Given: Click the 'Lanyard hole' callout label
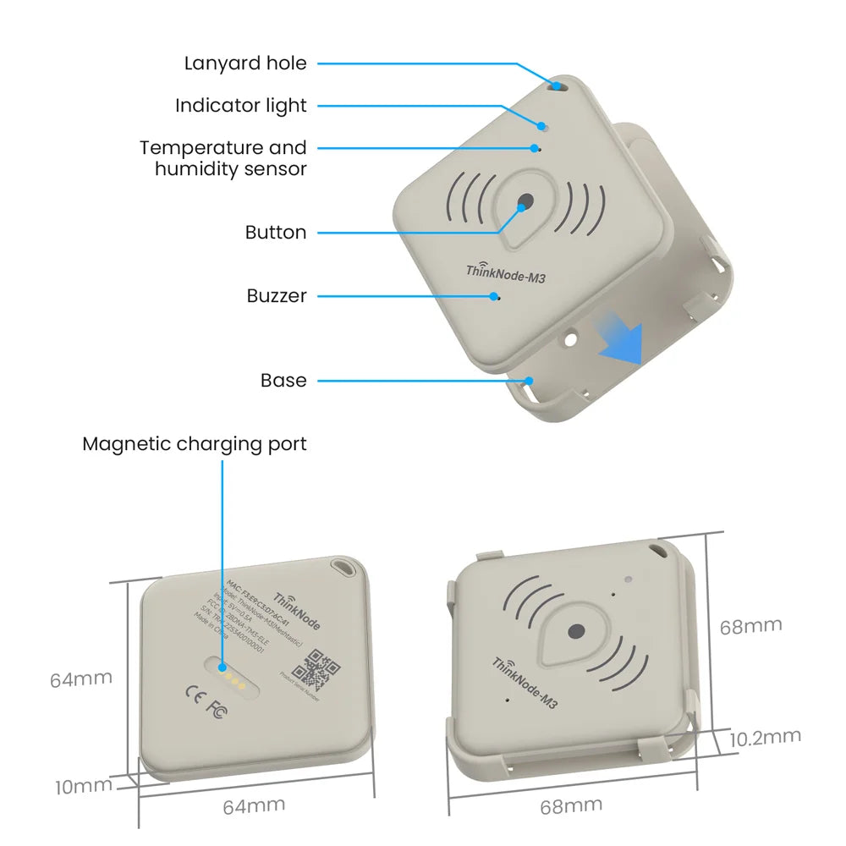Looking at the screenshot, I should [245, 63].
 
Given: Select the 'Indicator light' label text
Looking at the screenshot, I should [241, 106].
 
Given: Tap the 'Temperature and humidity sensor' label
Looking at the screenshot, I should [223, 158].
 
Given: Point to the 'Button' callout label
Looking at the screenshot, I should [276, 233].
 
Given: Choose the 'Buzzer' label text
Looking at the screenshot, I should [277, 296].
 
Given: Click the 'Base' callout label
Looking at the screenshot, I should [283, 381].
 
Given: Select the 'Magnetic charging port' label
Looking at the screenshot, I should [195, 444].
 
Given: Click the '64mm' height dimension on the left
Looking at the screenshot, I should [80, 679].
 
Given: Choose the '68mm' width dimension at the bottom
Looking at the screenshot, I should [571, 806].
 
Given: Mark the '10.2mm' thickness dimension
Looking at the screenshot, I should [765, 738].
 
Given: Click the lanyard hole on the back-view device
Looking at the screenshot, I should [343, 564].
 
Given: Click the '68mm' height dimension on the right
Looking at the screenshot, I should [750, 627].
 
